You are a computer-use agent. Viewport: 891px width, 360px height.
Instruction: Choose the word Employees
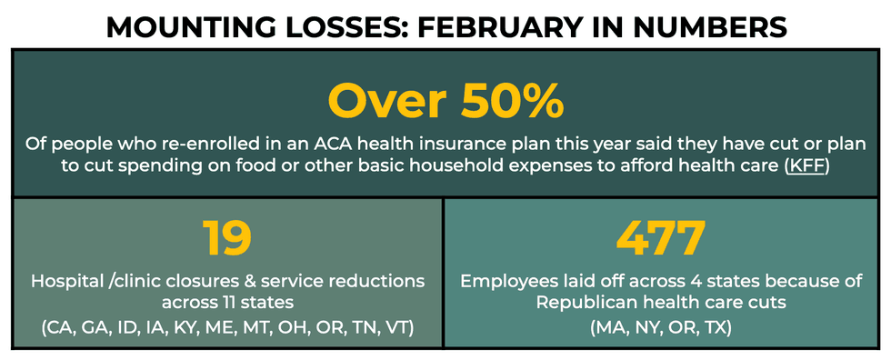click(506, 282)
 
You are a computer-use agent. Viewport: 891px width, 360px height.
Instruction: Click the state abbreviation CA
click(60, 329)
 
